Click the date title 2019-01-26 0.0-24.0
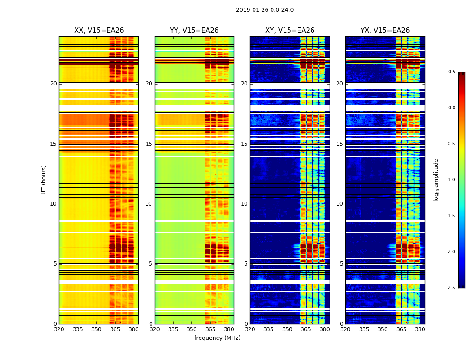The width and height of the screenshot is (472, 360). coord(265,10)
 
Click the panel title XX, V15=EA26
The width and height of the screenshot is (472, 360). coord(99,31)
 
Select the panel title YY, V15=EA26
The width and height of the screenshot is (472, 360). coord(194,31)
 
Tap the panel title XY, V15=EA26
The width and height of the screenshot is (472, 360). coord(289,31)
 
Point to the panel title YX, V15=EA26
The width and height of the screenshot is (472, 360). coord(385,31)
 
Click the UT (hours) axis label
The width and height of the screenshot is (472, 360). coord(44,180)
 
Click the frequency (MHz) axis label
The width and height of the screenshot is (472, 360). coord(217,338)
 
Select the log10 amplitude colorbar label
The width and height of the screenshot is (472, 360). coord(436,180)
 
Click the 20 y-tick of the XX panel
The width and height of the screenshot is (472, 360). coord(53,84)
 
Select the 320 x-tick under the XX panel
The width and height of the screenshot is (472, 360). coord(59,329)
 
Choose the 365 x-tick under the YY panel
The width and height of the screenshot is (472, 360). coord(210,329)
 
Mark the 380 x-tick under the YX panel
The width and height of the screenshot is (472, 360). coord(420,329)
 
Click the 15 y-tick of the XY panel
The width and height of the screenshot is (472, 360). coord(244,144)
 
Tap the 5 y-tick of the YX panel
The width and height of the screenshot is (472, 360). coord(341,264)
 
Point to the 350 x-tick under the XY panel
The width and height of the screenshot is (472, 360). coord(287,329)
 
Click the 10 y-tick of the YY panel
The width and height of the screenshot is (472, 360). coord(149,204)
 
